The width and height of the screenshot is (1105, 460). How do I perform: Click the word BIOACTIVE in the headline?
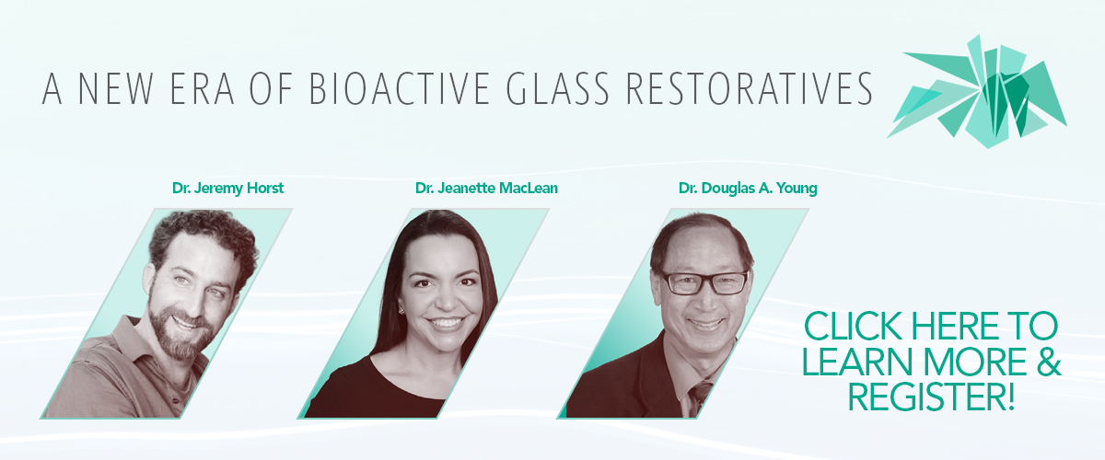399,88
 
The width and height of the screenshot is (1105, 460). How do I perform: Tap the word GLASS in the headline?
558,88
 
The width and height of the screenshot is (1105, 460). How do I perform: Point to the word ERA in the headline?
203,88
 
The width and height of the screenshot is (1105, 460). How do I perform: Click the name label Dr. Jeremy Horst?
228,188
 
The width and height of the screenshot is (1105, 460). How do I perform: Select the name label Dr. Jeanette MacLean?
486,188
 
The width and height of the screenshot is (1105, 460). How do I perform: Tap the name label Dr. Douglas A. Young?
748,188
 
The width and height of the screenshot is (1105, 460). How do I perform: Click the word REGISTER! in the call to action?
931,397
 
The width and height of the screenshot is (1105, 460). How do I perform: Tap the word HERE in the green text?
955,326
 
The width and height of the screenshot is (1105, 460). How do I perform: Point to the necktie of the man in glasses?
700,395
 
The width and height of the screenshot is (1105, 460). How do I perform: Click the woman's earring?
401,311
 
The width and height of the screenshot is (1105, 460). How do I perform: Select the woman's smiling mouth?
446,323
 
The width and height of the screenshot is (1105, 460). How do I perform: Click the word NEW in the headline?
116,88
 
